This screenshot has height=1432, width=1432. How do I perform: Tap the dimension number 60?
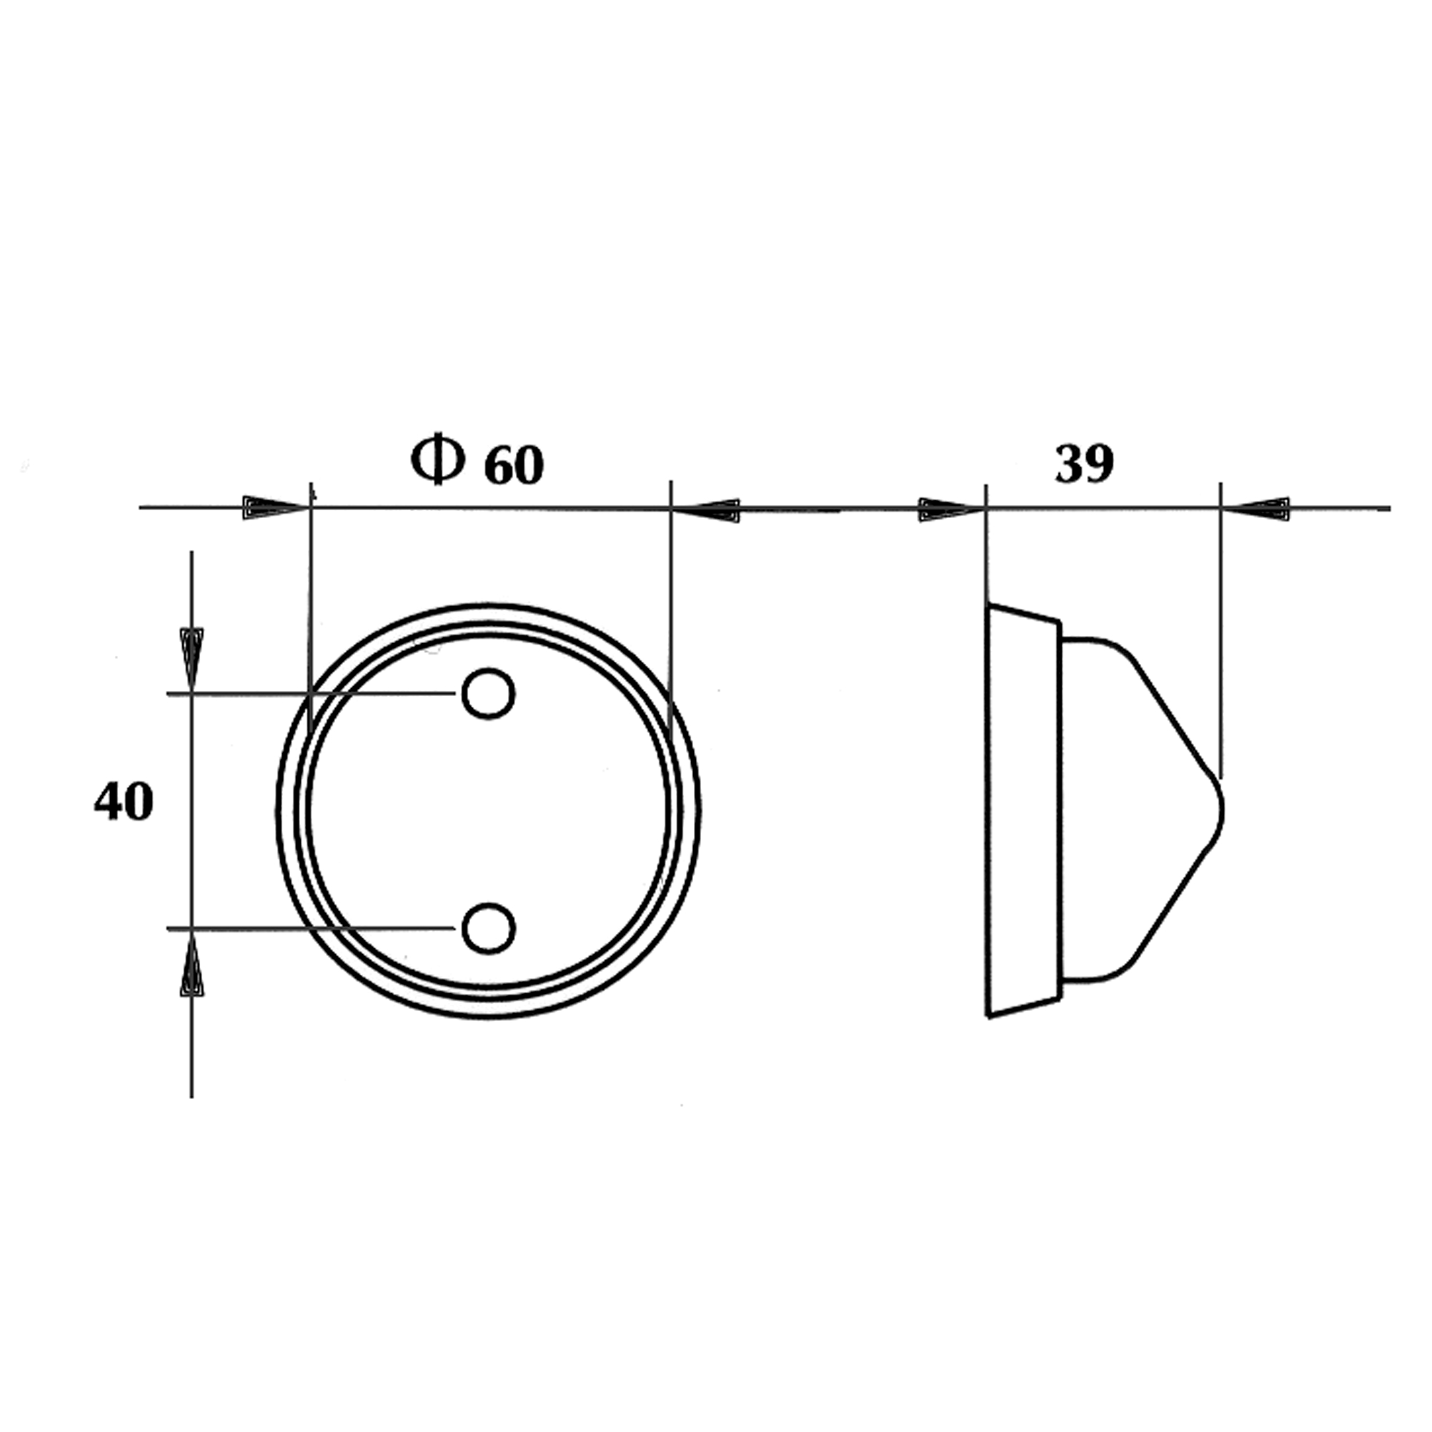[x=514, y=465]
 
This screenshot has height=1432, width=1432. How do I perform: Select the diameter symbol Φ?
[x=437, y=459]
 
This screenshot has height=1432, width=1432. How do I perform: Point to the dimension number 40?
[x=124, y=801]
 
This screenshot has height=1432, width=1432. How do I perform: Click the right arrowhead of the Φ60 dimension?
[x=705, y=511]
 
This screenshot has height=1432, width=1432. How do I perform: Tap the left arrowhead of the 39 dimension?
[x=952, y=510]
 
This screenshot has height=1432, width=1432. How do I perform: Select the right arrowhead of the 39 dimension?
[x=1256, y=509]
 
